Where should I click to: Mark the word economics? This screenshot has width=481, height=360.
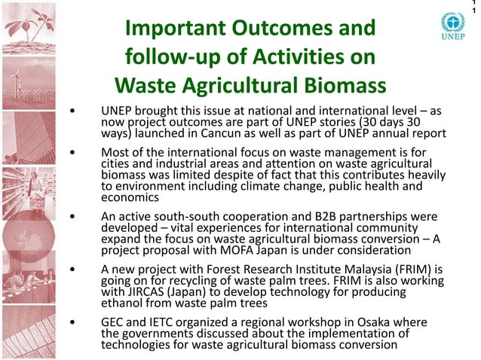click(x=130, y=198)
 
